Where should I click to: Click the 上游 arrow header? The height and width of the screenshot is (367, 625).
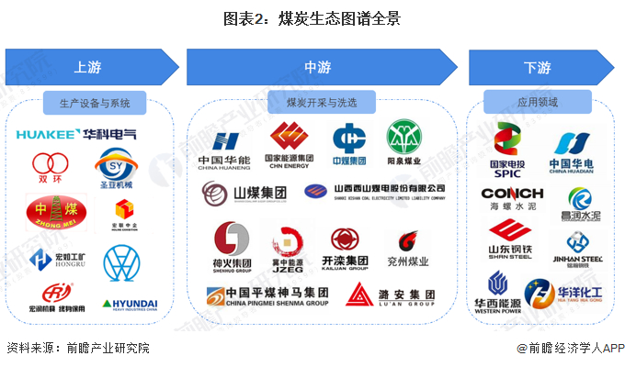(x=89, y=67)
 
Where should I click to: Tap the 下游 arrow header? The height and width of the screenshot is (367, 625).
(x=538, y=67)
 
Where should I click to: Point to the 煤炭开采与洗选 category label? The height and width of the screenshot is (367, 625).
(x=321, y=102)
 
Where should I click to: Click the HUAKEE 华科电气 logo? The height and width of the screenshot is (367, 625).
(x=76, y=135)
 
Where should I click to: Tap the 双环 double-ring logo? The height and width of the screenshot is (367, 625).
(x=50, y=169)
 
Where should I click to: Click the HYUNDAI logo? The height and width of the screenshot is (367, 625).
(x=130, y=304)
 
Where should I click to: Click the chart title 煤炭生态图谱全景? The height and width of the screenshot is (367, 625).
(x=312, y=17)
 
